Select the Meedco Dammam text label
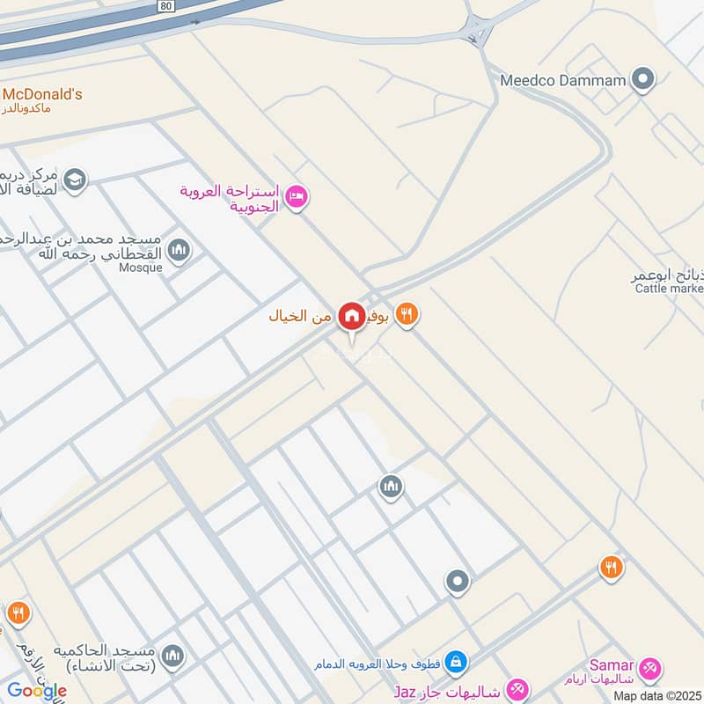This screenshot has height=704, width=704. [x=563, y=80]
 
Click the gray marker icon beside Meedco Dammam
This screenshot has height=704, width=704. [x=644, y=80]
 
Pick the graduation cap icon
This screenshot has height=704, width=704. [x=75, y=179]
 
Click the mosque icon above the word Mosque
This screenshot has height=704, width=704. [x=179, y=251]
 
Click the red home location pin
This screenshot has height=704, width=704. [x=352, y=315]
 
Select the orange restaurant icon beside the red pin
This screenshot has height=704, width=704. [x=406, y=314]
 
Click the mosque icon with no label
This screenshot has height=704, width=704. [x=391, y=486]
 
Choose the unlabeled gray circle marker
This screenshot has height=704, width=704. [x=457, y=582]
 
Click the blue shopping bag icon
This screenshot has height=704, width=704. [x=455, y=661]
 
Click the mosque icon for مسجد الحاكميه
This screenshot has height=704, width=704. [x=173, y=656]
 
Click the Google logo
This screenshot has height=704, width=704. [x=36, y=690]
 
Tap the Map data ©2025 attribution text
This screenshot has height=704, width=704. [x=657, y=695]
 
